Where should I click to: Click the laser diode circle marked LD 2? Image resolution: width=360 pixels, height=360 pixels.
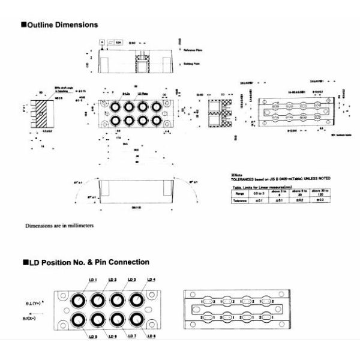[96, 298]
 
